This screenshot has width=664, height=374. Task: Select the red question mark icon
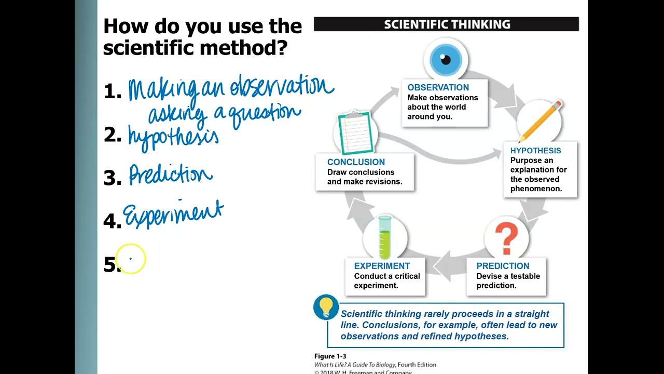(506, 238)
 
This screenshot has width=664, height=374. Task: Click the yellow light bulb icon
(326, 307)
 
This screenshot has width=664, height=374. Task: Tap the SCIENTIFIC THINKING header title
(447, 24)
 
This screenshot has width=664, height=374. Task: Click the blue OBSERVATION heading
(438, 88)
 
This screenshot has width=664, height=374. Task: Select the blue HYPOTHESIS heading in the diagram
(535, 151)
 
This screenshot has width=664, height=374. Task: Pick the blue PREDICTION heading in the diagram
(503, 266)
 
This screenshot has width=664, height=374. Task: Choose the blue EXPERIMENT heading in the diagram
(382, 266)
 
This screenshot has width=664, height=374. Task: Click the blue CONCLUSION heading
(356, 162)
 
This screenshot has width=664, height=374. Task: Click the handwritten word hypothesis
(173, 137)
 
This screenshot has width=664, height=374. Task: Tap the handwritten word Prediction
(171, 175)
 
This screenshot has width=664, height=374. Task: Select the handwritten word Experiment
(173, 213)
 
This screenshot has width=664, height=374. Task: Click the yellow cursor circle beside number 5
(131, 258)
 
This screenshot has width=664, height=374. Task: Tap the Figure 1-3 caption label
(330, 356)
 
